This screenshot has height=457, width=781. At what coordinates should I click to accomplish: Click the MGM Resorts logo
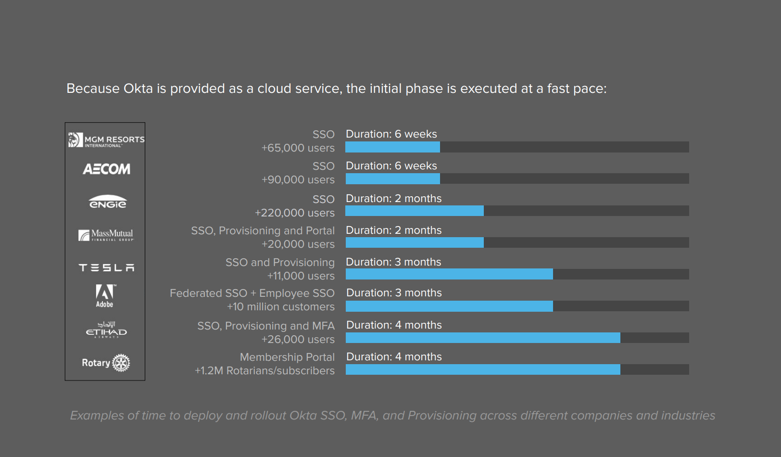(x=106, y=140)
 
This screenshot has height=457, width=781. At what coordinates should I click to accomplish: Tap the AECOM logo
(x=106, y=169)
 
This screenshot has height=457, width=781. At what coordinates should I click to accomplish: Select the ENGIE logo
(x=107, y=202)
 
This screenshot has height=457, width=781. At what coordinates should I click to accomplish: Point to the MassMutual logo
(x=106, y=235)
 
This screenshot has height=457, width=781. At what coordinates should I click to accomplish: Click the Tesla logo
(x=106, y=267)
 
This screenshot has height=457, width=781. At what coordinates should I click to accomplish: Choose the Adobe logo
(x=104, y=295)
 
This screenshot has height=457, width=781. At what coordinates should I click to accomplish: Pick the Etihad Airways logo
(x=106, y=330)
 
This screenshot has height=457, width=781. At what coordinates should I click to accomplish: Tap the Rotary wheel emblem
(x=121, y=363)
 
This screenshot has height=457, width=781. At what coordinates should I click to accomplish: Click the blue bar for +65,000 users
(x=392, y=147)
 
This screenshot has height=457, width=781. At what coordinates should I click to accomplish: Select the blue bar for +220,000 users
(x=415, y=211)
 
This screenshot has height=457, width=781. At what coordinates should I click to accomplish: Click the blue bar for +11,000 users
(x=449, y=274)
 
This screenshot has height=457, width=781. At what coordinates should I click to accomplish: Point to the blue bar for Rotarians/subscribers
(x=483, y=369)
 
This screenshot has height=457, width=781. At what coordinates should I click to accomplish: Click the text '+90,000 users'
(x=298, y=180)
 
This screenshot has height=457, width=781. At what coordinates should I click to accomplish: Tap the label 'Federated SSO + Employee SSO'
(x=252, y=293)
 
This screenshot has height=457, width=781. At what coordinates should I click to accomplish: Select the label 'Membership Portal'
(x=287, y=357)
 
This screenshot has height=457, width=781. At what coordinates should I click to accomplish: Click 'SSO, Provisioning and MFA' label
(x=266, y=326)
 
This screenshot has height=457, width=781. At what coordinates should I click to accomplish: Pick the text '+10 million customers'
(x=280, y=307)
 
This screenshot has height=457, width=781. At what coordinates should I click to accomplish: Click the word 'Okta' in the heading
(x=138, y=89)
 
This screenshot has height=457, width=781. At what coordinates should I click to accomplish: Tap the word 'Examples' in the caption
(x=97, y=416)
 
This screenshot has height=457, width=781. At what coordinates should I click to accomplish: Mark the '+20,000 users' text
(x=298, y=244)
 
